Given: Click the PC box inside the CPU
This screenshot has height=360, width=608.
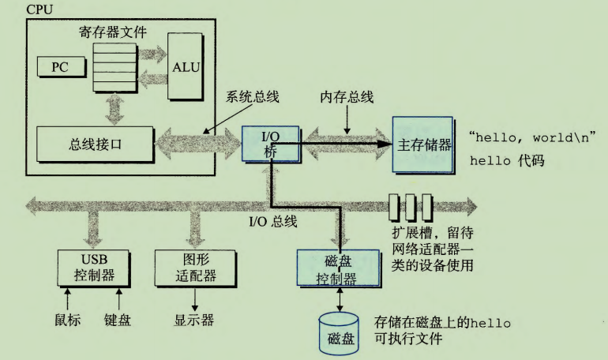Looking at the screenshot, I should coord(60,67).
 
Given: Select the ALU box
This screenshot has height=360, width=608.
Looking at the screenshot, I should coord(186,66).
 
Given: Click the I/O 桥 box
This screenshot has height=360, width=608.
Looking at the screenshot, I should coord(271,142).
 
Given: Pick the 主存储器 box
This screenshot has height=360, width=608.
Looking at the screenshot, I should coord(423,145).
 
